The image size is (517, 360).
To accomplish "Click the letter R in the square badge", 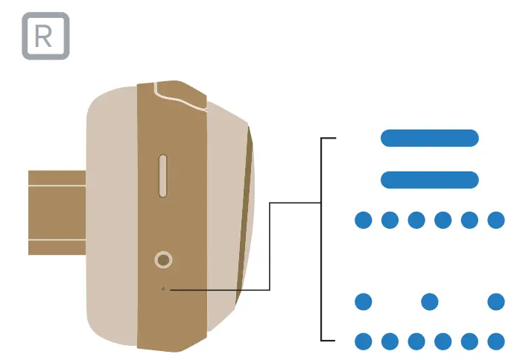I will pos(45,37).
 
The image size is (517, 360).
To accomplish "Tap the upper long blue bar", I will pos(429,138).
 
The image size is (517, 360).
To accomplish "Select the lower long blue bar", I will pos(429,180).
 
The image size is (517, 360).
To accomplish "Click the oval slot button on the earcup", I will pos(164,177).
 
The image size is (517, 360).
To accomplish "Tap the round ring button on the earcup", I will pos(164,260).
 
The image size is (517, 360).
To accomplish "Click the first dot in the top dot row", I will pos(363,220).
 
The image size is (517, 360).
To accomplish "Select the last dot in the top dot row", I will pos(496,220).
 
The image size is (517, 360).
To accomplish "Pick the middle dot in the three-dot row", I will pos(429,302).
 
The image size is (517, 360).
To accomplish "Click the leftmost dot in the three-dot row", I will pos(363,302).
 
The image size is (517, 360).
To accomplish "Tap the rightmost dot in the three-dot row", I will pos(496,302).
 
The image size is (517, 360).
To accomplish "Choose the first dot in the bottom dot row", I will pos(363,341).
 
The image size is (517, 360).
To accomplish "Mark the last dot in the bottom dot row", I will pos(496,341).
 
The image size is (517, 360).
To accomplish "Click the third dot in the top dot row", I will pos(416,220).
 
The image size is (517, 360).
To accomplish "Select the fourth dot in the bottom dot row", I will pos(443,341).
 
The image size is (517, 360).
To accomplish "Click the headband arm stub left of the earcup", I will pos(57,212).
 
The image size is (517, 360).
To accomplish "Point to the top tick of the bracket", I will pos(329,139).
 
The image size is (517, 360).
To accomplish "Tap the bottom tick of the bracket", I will pos(329,341).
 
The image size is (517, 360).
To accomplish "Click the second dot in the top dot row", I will pos(390,220).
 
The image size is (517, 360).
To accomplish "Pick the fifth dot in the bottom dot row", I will pos(469,341).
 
